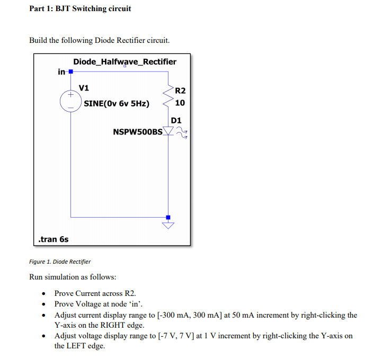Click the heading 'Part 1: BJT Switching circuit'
coord(80,8)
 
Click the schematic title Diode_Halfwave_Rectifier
coord(125,62)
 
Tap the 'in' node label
coord(61,71)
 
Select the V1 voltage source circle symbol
coord(70,101)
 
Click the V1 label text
coord(84,87)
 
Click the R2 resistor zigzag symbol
coord(169,95)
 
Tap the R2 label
coord(180,91)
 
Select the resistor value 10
coord(180,103)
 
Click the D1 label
coord(176,120)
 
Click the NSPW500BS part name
coord(138,131)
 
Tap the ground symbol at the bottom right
coord(168,225)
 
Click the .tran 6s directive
coord(54,239)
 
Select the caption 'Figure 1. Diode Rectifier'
coord(60,262)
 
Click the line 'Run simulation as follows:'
coord(73,277)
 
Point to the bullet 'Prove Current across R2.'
coord(91,293)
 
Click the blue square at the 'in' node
coord(70,71)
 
